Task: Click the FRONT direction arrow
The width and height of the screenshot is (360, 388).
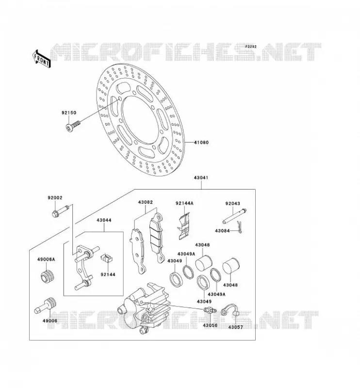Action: pyautogui.click(x=42, y=59)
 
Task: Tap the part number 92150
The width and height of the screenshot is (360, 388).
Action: pyautogui.click(x=69, y=113)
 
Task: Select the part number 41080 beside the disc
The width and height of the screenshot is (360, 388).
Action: pyautogui.click(x=201, y=143)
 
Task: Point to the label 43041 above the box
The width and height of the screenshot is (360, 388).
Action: pyautogui.click(x=201, y=178)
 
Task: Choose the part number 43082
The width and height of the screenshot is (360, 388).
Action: pyautogui.click(x=146, y=202)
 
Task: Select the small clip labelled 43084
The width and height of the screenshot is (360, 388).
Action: pyautogui.click(x=239, y=227)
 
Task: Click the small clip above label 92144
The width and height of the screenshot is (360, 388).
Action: pyautogui.click(x=107, y=258)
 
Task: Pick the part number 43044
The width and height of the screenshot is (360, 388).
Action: pyautogui.click(x=104, y=220)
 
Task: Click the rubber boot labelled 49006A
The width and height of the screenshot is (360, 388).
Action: pyautogui.click(x=47, y=276)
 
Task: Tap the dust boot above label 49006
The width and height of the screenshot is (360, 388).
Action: pyautogui.click(x=45, y=306)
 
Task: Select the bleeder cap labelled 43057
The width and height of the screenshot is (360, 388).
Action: pyautogui.click(x=230, y=310)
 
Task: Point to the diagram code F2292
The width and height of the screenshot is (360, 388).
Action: pyautogui.click(x=251, y=47)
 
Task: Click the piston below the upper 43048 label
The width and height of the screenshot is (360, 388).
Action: pyautogui.click(x=204, y=263)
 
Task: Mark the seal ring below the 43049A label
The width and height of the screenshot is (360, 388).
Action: pyautogui.click(x=188, y=272)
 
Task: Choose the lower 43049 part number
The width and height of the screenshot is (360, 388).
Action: pyautogui.click(x=204, y=301)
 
